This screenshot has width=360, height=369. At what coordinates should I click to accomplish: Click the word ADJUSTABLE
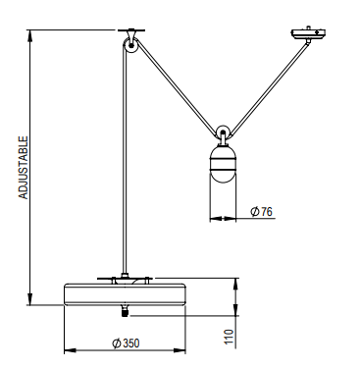click(x=24, y=168)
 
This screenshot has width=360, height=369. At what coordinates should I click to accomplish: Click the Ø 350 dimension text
click(x=126, y=343)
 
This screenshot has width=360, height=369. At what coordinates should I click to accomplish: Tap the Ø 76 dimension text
click(x=261, y=211)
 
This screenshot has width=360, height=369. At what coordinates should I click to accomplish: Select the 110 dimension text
click(x=230, y=337)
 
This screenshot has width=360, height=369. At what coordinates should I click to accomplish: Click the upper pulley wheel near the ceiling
click(x=130, y=45)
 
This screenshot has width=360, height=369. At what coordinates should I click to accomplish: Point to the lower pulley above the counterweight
click(x=223, y=132)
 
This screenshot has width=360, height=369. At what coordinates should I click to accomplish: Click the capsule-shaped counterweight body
click(x=223, y=164)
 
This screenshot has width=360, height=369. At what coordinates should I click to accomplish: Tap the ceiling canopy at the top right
click(x=308, y=33)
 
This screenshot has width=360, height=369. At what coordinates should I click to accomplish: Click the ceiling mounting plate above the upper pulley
click(x=131, y=30)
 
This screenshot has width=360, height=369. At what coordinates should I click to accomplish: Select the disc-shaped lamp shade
click(x=125, y=294)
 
